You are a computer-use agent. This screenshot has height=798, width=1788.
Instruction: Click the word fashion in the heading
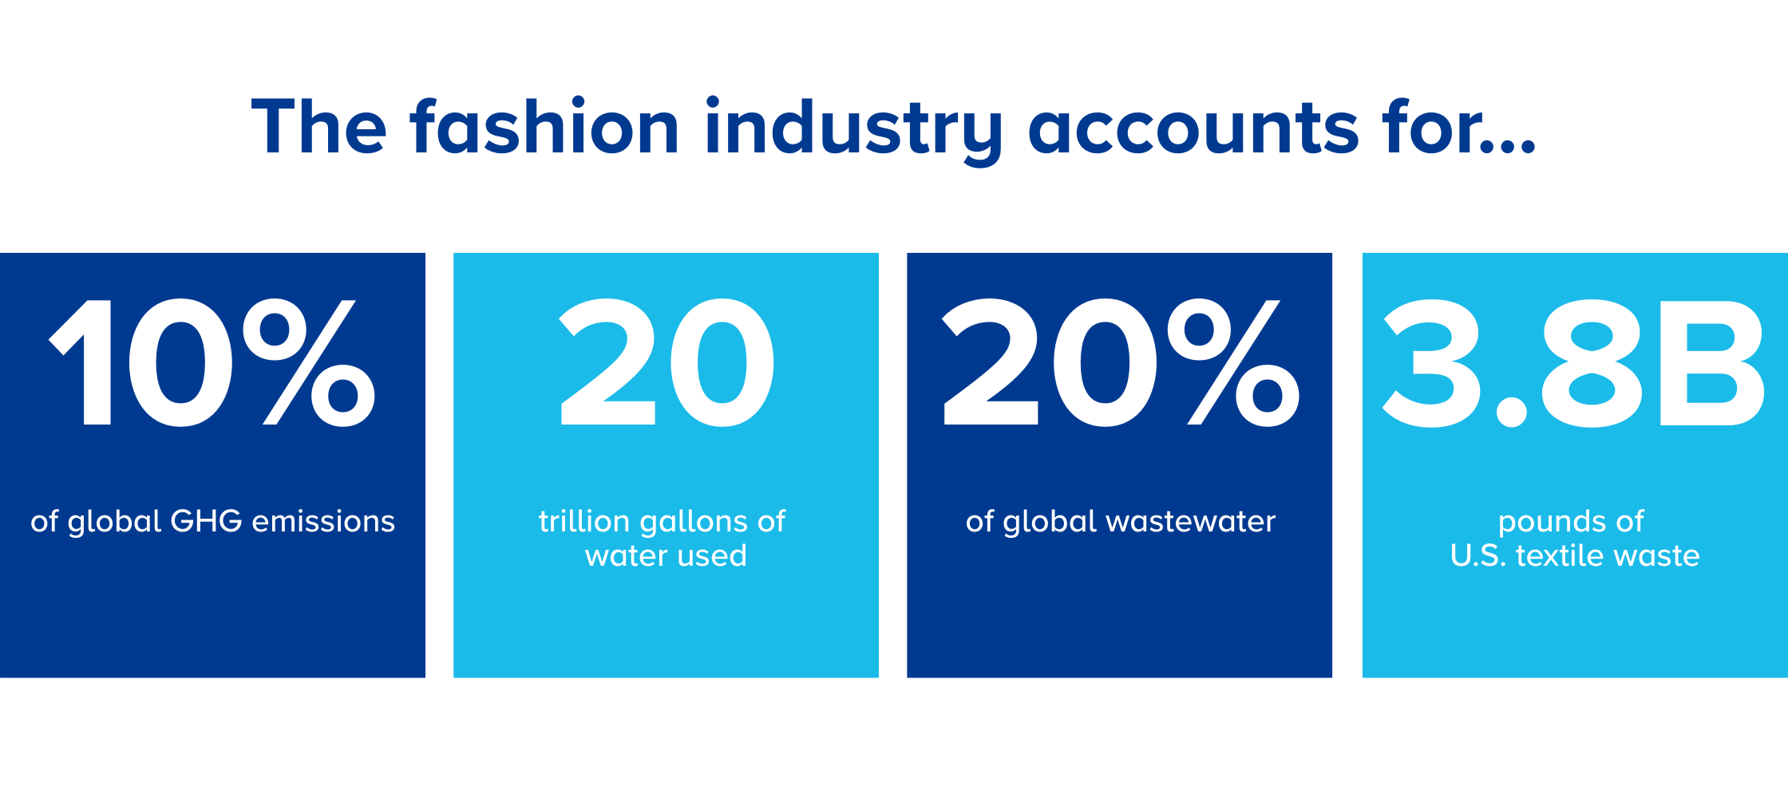point(544,125)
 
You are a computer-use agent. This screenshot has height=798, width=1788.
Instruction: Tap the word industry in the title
point(853,131)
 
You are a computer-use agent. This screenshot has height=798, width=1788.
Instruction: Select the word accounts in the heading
point(1193,130)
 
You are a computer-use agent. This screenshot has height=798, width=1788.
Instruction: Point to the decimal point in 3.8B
point(1511,412)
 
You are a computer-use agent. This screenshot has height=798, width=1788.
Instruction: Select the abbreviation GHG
point(207,521)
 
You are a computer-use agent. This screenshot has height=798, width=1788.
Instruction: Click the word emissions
point(323,521)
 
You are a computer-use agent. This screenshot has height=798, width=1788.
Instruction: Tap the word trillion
point(584,521)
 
